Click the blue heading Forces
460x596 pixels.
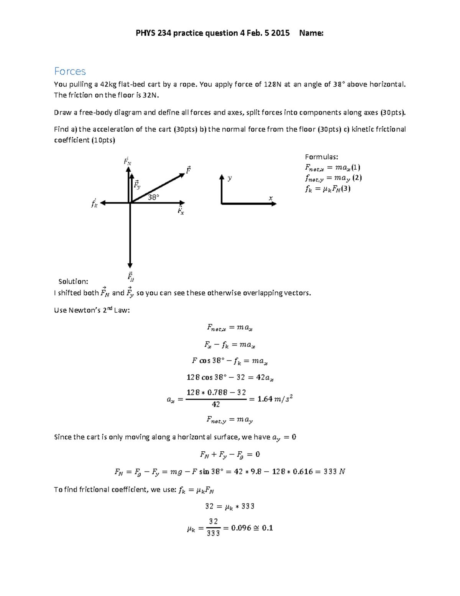click(x=70, y=71)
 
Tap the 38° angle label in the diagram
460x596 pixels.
click(x=153, y=197)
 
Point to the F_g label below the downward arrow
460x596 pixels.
click(x=130, y=277)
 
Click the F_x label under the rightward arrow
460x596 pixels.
click(x=181, y=210)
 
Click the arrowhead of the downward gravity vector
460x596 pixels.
click(x=130, y=265)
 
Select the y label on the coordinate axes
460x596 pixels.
click(x=230, y=178)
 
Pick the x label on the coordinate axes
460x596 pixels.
click(x=271, y=198)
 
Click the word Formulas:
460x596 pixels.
click(x=321, y=157)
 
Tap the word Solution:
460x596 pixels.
click(x=73, y=281)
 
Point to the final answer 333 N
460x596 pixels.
click(x=334, y=472)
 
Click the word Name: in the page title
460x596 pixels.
click(x=311, y=33)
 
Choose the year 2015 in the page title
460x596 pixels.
click(x=280, y=33)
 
